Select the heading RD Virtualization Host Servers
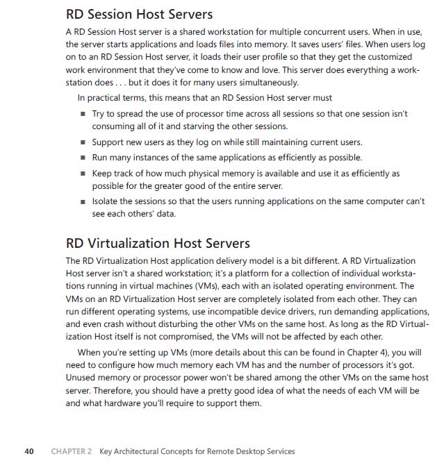coord(158,244)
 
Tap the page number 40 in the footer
coord(28,451)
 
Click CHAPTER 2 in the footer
coord(72,451)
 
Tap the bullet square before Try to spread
coord(83,114)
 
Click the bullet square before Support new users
coord(83,142)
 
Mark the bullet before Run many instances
coord(83,158)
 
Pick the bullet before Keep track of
coord(83,174)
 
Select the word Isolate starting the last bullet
coord(106,201)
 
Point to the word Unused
coord(82,378)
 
